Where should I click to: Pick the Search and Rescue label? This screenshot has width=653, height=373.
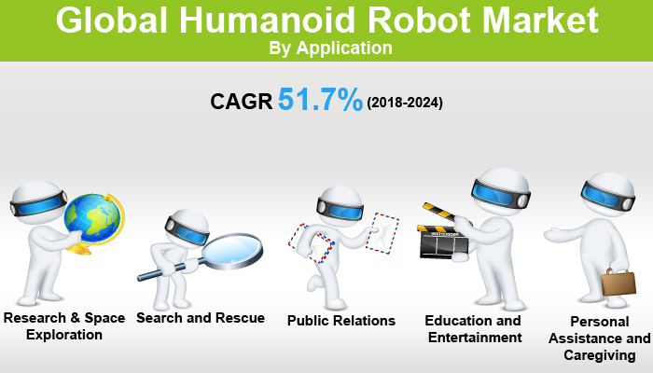(x=201, y=318)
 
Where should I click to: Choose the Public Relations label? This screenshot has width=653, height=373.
(x=341, y=320)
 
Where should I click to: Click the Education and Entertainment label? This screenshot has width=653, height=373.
(x=473, y=328)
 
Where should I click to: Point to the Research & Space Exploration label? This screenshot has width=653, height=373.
(x=64, y=326)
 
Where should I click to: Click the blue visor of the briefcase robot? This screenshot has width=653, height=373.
(x=602, y=191)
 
